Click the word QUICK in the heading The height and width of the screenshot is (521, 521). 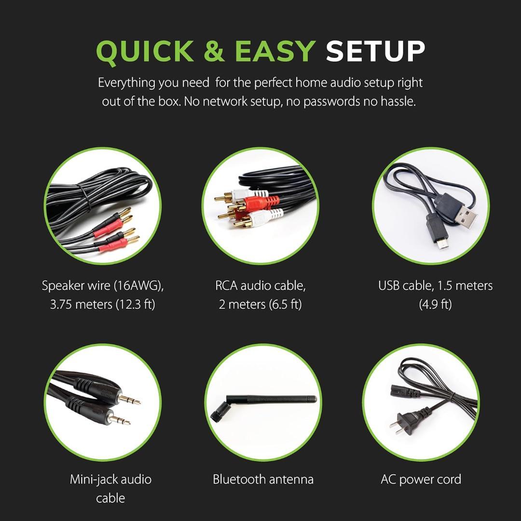click(x=145, y=52)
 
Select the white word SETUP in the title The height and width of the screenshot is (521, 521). click(x=375, y=51)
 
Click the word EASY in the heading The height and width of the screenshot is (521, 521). click(x=275, y=51)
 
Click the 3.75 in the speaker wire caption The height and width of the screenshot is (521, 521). click(x=61, y=304)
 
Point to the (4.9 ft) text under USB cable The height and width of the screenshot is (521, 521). click(x=435, y=304)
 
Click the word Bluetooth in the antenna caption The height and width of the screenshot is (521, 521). click(x=239, y=480)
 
